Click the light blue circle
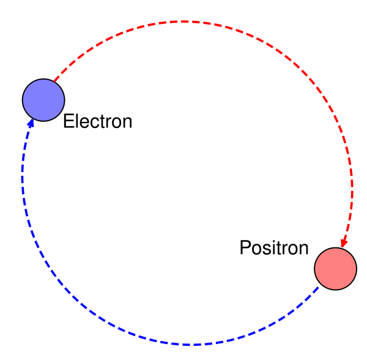pos(43,100)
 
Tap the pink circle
pos(335,268)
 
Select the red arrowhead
pos(344,243)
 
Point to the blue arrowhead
pos(31,124)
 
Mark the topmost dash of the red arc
pos(183,21)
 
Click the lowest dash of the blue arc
pos(191,345)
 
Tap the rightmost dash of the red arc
pos(352,184)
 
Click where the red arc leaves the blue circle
pos(56,80)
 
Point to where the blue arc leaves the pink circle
pos(318,287)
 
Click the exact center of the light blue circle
pos(43,100)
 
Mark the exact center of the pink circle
pos(335,268)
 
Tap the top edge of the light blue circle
pos(43,80)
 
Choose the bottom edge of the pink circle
pos(335,288)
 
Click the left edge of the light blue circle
pos(24,100)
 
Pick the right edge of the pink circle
pos(355,268)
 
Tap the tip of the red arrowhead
pos(343,248)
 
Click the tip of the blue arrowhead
pos(32,119)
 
